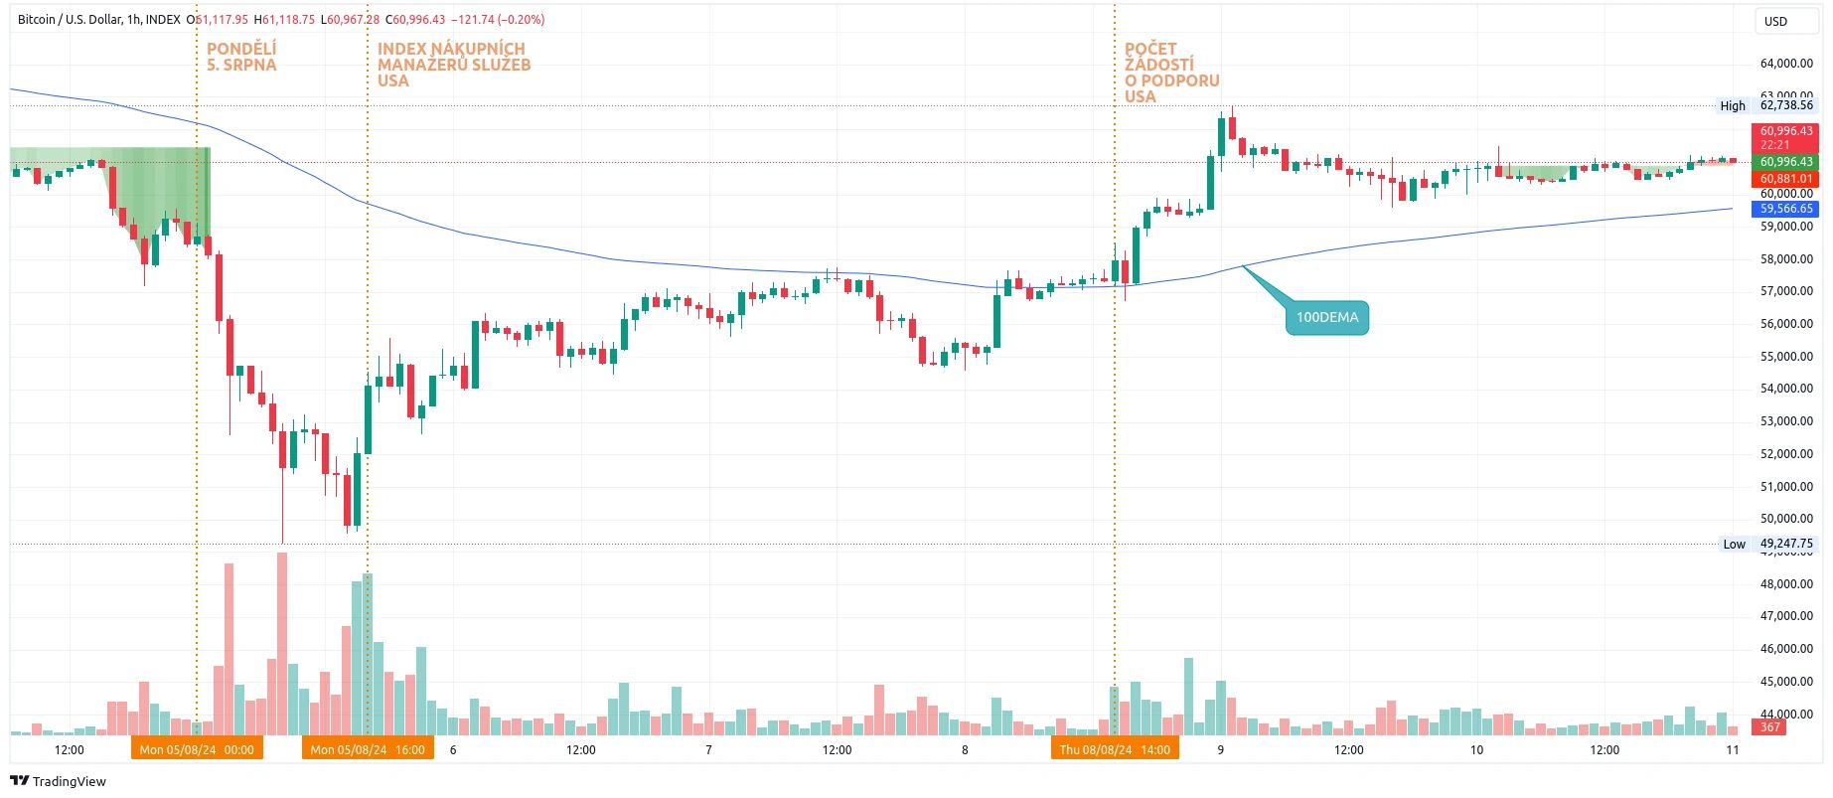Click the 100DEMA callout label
[x=1326, y=318]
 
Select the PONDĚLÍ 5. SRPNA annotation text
[x=241, y=57]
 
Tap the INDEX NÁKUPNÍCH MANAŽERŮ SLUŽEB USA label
[x=453, y=65]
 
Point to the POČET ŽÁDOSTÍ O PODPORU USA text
[x=1171, y=73]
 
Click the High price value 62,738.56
[x=1786, y=105]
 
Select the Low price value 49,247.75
[x=1786, y=544]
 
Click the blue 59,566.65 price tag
[x=1786, y=209]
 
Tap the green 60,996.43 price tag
[x=1786, y=162]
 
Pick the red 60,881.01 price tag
[x=1786, y=179]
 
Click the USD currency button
[x=1775, y=21]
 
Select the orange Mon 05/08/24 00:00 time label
[x=197, y=749]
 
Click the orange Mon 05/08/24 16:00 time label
[x=368, y=749]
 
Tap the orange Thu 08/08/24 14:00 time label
[x=1115, y=749]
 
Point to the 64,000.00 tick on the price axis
[x=1786, y=64]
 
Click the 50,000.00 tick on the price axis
[x=1786, y=519]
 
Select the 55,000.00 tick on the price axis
[x=1786, y=356]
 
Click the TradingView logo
[x=59, y=781]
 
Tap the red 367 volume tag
[x=1770, y=727]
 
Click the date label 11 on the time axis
[x=1733, y=749]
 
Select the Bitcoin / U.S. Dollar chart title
[x=70, y=20]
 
